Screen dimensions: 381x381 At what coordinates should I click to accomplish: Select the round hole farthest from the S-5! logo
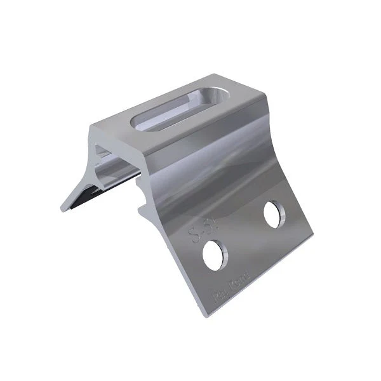[x=274, y=214]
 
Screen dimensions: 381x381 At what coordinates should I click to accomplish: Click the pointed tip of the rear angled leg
[x=63, y=210]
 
